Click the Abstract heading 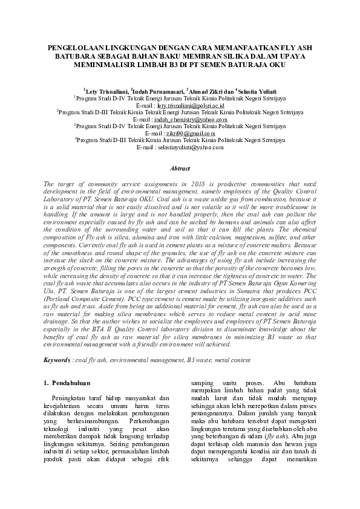(x=180, y=169)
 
